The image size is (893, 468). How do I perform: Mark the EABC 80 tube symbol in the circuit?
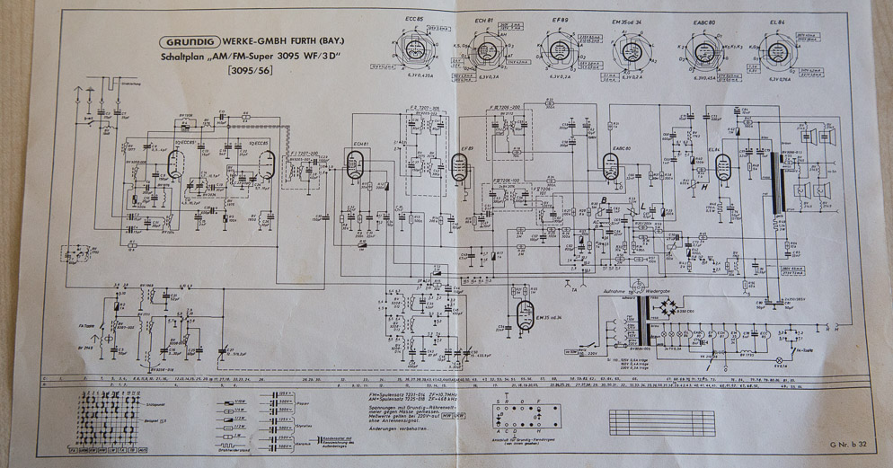tap(611, 164)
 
